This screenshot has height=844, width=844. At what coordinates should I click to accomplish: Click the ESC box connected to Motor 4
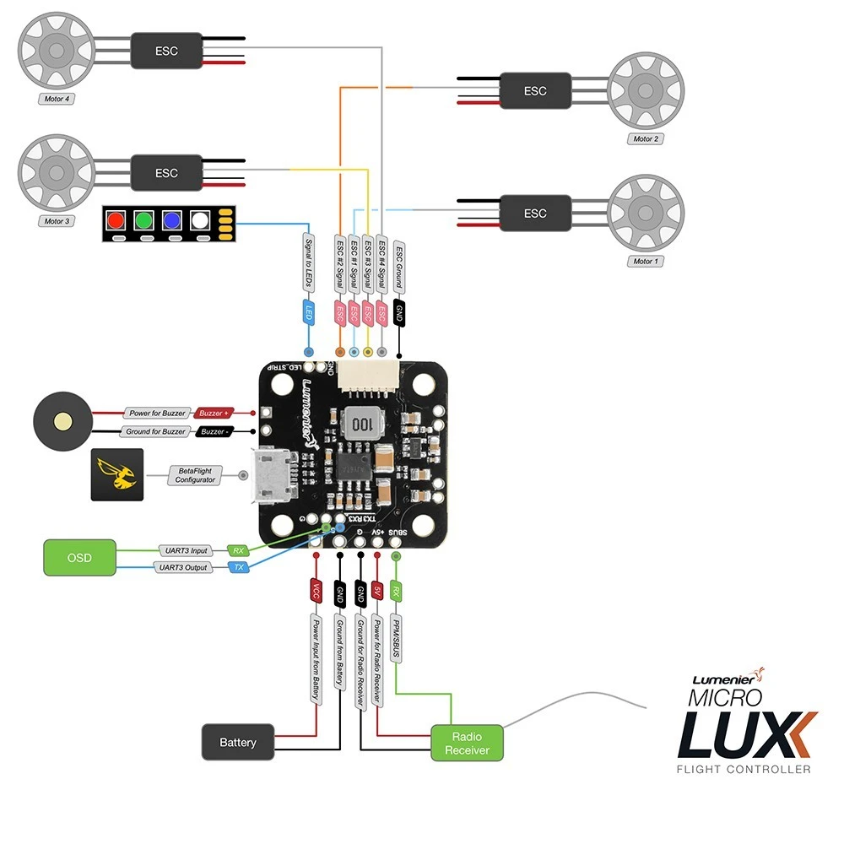tap(166, 51)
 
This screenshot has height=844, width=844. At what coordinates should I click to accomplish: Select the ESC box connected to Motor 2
tap(535, 90)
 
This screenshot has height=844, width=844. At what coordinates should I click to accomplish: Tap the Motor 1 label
tap(645, 262)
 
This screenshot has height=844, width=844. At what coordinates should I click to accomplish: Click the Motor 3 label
tap(57, 221)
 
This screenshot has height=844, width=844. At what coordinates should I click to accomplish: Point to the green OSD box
tap(78, 558)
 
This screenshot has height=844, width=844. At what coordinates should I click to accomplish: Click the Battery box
tap(238, 742)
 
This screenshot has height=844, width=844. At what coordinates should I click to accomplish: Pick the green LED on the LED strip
tap(145, 221)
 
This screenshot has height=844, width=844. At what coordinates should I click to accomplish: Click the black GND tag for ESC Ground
tap(399, 312)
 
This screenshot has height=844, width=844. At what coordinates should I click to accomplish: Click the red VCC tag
tap(316, 590)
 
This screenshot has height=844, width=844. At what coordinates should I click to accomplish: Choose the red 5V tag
tap(377, 590)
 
